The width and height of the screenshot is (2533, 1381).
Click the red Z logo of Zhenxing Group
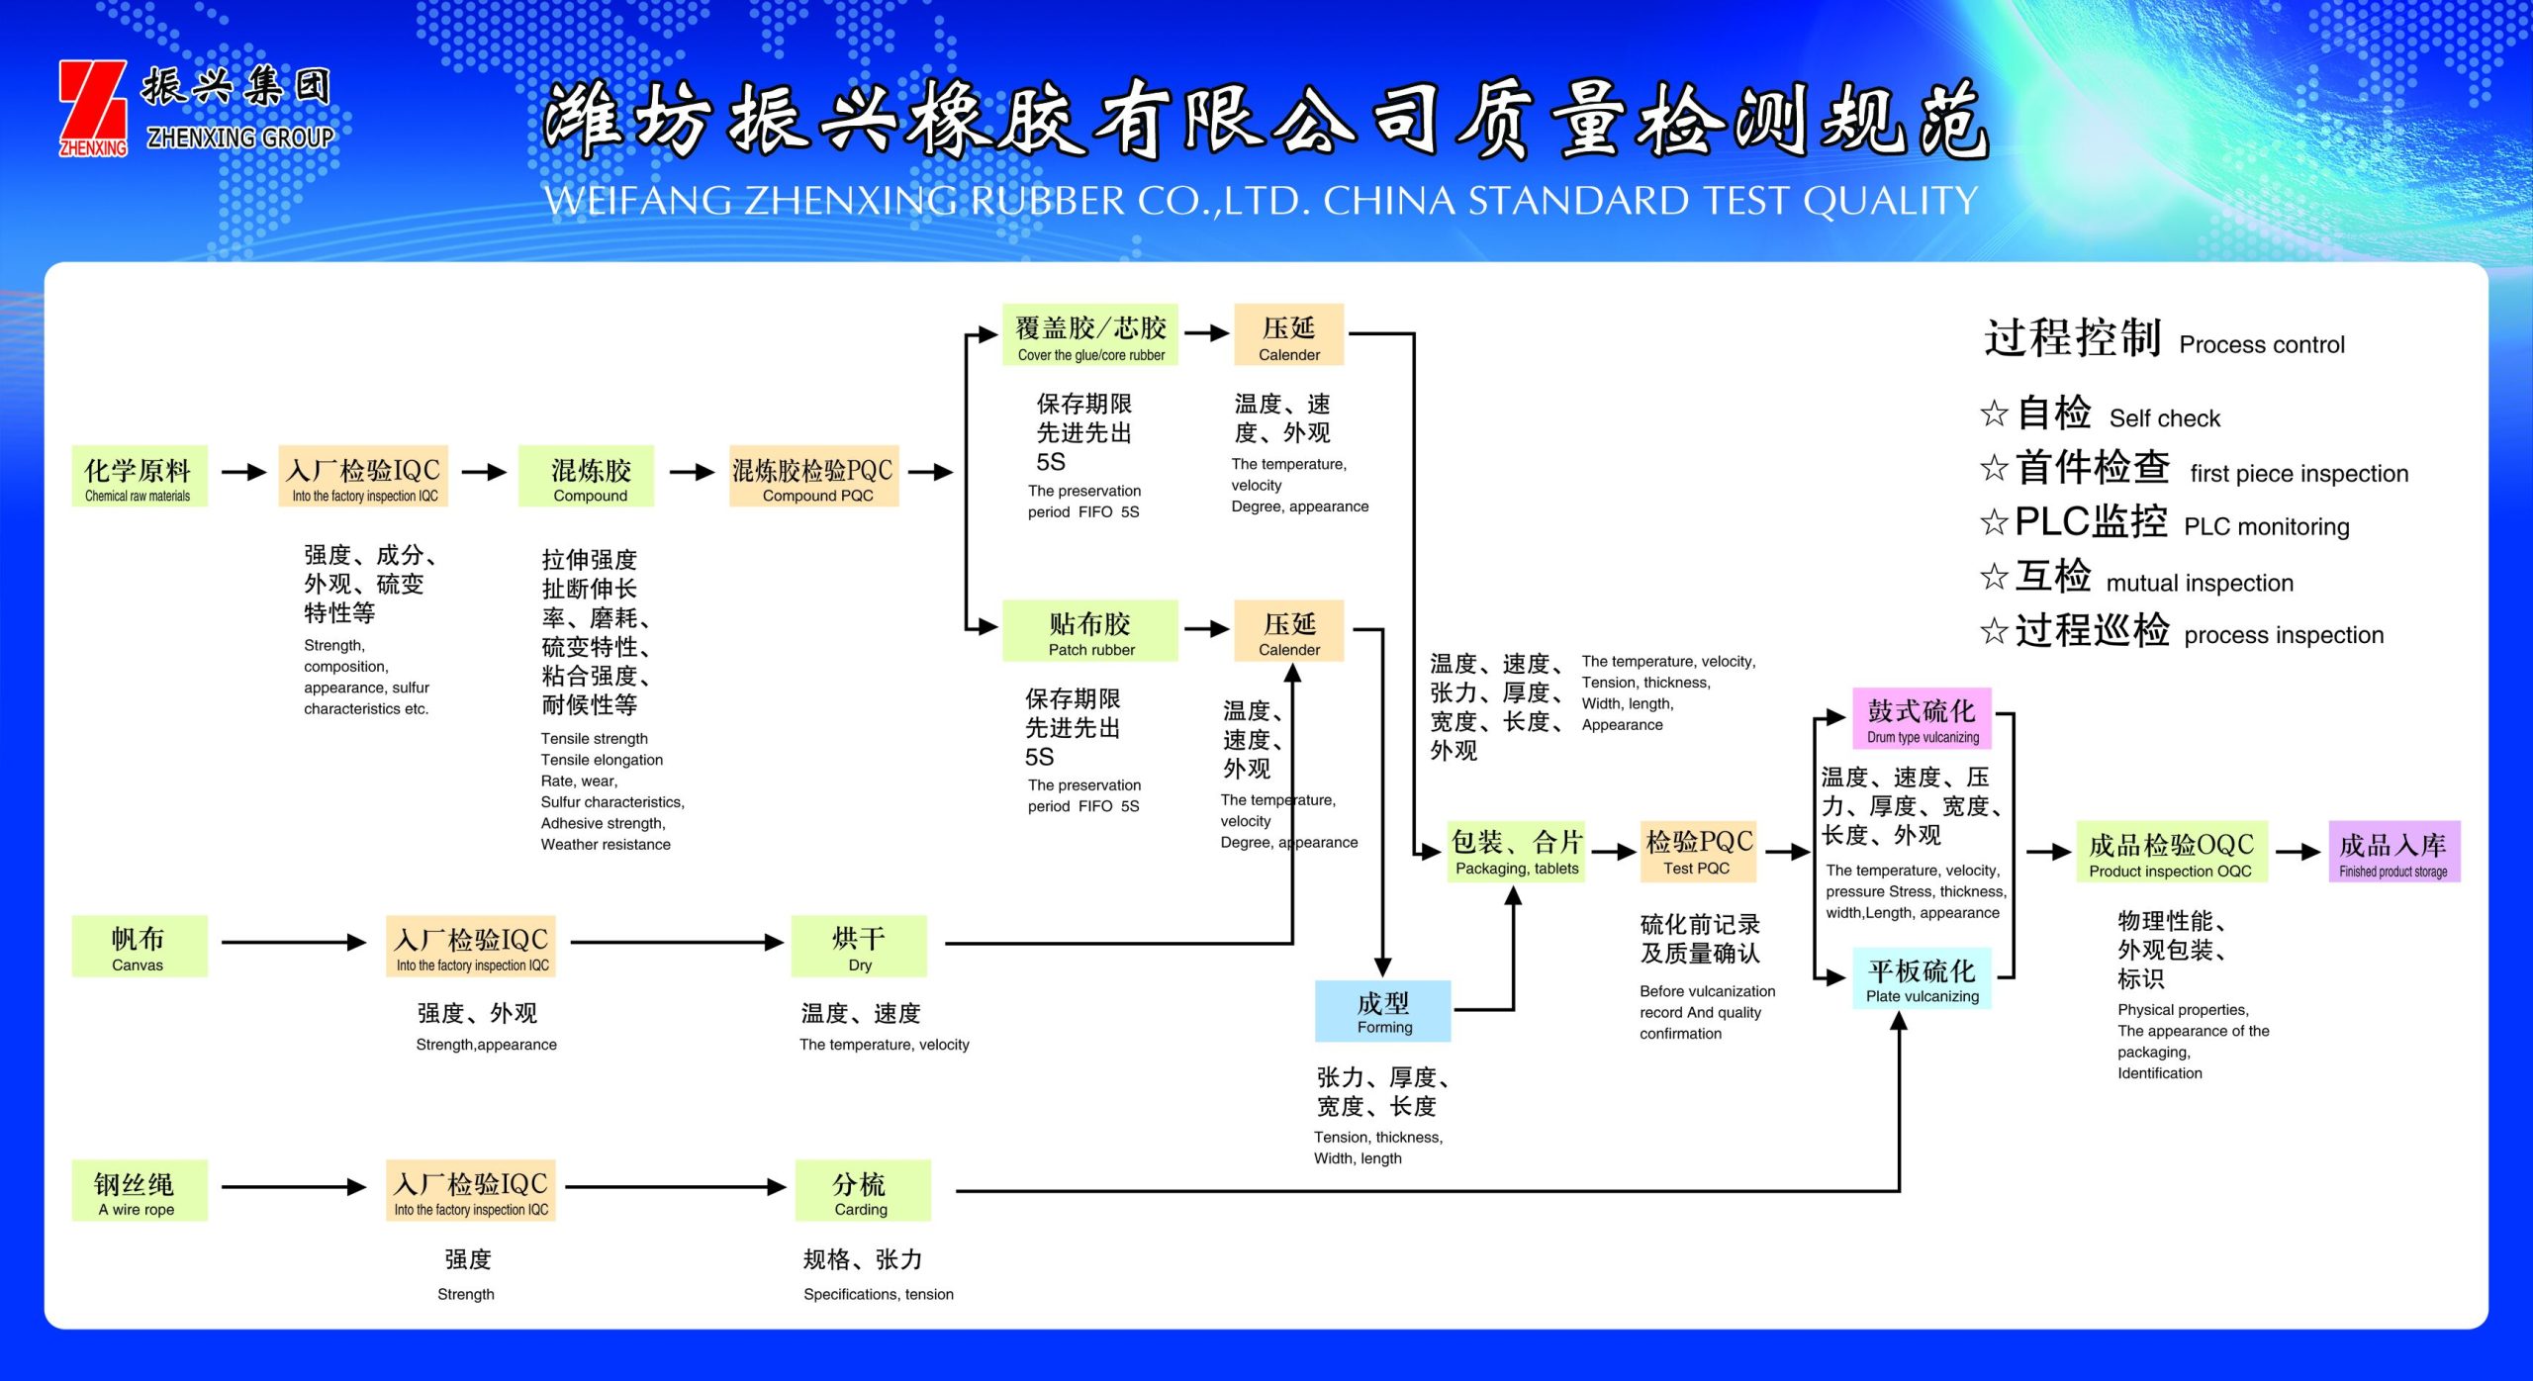pyautogui.click(x=93, y=107)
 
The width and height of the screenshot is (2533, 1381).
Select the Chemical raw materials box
pyautogui.click(x=139, y=477)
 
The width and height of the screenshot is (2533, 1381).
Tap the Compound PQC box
pyautogui.click(x=813, y=477)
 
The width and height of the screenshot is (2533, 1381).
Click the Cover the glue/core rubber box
pyautogui.click(x=1090, y=335)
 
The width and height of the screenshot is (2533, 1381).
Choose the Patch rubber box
pyautogui.click(x=1090, y=630)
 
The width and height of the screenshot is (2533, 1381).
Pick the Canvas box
pyautogui.click(x=139, y=947)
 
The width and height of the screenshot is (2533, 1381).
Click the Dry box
pyautogui.click(x=859, y=947)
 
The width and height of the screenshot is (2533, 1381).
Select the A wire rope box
pyautogui.click(x=139, y=1191)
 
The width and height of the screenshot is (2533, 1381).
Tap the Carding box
pyautogui.click(x=862, y=1191)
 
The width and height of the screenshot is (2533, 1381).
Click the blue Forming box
pyautogui.click(x=1382, y=1011)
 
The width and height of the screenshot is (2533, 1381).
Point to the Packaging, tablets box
pyautogui.click(x=1516, y=852)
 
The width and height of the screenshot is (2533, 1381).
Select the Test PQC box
pyautogui.click(x=1698, y=852)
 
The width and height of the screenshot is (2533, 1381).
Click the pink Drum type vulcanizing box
pyautogui.click(x=1922, y=719)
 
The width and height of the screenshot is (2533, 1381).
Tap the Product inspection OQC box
pyautogui.click(x=2171, y=852)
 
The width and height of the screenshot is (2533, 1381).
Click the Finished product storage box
pyautogui.click(x=2393, y=852)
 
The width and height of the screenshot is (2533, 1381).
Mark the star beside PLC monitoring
pyautogui.click(x=1994, y=522)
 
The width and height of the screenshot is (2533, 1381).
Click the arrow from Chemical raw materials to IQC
pyautogui.click(x=243, y=473)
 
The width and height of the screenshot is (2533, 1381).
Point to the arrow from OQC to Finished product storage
pyautogui.click(x=2298, y=852)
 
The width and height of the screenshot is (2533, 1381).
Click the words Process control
pyautogui.click(x=2262, y=345)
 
